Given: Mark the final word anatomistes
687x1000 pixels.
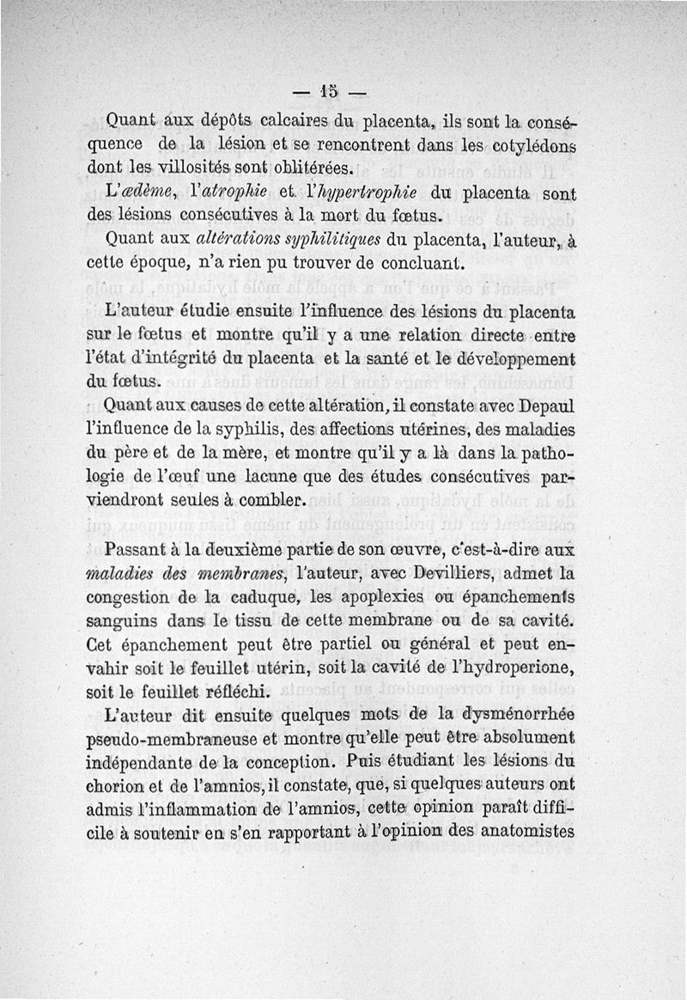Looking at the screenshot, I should [x=519, y=832].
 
